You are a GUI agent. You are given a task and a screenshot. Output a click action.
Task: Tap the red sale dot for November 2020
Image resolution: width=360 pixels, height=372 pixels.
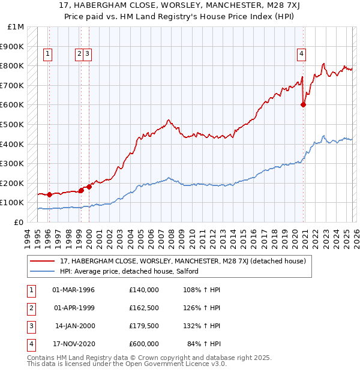pos(304,104)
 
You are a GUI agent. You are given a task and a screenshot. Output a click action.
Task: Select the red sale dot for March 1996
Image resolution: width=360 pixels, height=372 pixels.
pos(49,194)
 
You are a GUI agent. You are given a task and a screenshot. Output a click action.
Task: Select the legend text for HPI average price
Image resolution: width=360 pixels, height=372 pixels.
pos(129,271)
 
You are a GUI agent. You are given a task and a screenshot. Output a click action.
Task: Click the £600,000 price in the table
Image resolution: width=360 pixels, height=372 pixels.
pos(144,344)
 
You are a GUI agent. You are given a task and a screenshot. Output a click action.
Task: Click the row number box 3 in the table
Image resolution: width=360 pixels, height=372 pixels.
pos(31,326)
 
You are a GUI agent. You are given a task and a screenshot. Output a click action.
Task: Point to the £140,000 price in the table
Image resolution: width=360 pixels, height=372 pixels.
pos(144,290)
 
